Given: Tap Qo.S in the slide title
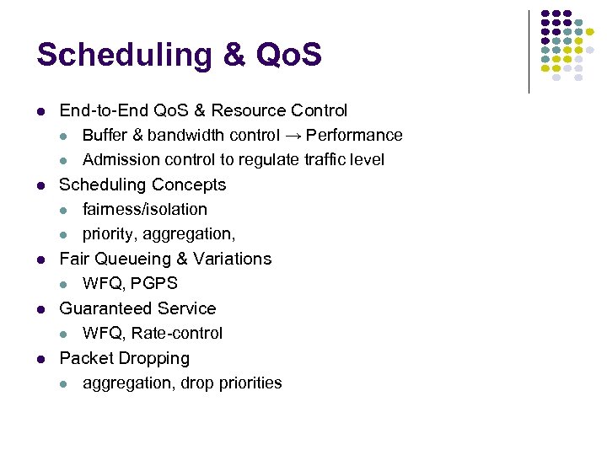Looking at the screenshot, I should tap(282, 55).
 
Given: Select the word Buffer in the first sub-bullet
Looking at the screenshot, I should tap(105, 135).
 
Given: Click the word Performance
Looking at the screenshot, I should tap(354, 135).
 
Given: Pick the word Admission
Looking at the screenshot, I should tap(118, 159).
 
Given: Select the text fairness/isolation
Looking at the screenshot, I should tap(144, 209).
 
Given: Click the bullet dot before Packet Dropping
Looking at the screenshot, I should tap(40, 359).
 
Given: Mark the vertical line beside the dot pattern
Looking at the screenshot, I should tap(529, 51).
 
